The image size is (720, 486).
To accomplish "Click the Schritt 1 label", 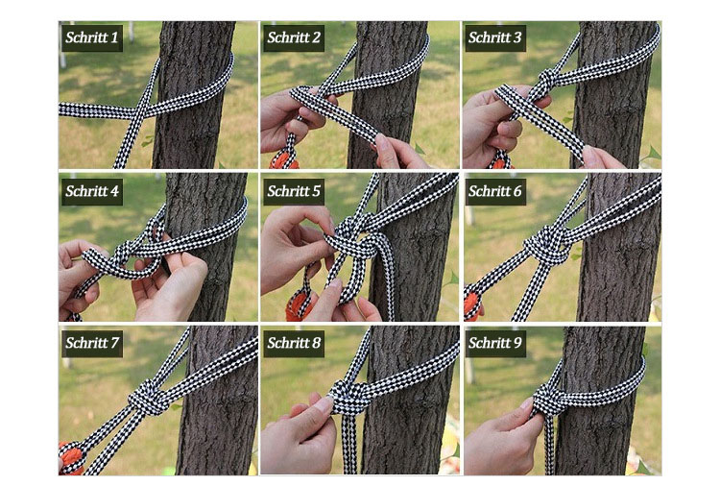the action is tap(92, 37).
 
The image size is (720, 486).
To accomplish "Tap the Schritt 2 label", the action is tap(294, 37).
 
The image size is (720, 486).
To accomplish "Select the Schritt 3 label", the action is tap(494, 37).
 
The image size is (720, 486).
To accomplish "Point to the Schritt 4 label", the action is tap(92, 191).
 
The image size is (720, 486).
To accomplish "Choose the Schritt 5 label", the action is tap(294, 191).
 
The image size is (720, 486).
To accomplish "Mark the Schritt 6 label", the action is tap(494, 191).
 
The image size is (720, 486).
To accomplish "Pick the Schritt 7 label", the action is tap(92, 343).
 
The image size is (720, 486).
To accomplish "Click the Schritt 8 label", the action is tap(294, 343).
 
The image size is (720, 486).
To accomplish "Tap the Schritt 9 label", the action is tap(494, 343).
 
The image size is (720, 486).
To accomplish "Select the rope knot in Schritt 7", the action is tap(148, 397).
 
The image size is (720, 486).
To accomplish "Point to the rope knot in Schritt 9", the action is tap(550, 400).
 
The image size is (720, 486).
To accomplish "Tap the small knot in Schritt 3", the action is tap(544, 84).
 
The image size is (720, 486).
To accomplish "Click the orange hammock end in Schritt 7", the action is tap(72, 456).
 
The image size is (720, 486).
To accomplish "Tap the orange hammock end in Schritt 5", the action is tap(299, 305).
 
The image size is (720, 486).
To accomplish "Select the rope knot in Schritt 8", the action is tap(349, 396).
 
